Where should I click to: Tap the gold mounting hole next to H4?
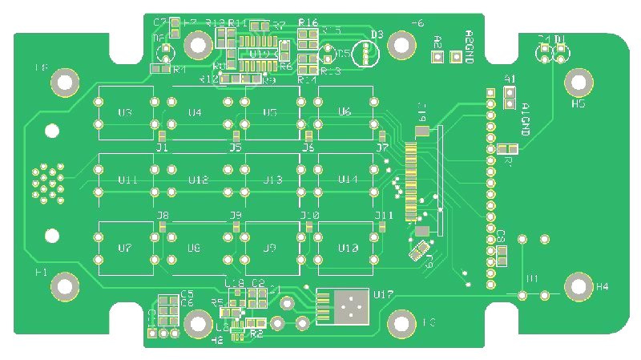578,285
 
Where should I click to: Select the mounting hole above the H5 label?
577,81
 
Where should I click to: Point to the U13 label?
273,180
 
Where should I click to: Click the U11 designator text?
127,180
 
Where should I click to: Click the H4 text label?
602,286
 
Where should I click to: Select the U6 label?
345,111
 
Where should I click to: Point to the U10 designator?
348,249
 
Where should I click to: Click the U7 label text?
124,249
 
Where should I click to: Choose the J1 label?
161,148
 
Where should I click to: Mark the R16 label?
308,22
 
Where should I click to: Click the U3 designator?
125,112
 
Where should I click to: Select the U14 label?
348,180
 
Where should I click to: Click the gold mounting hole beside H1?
65,285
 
